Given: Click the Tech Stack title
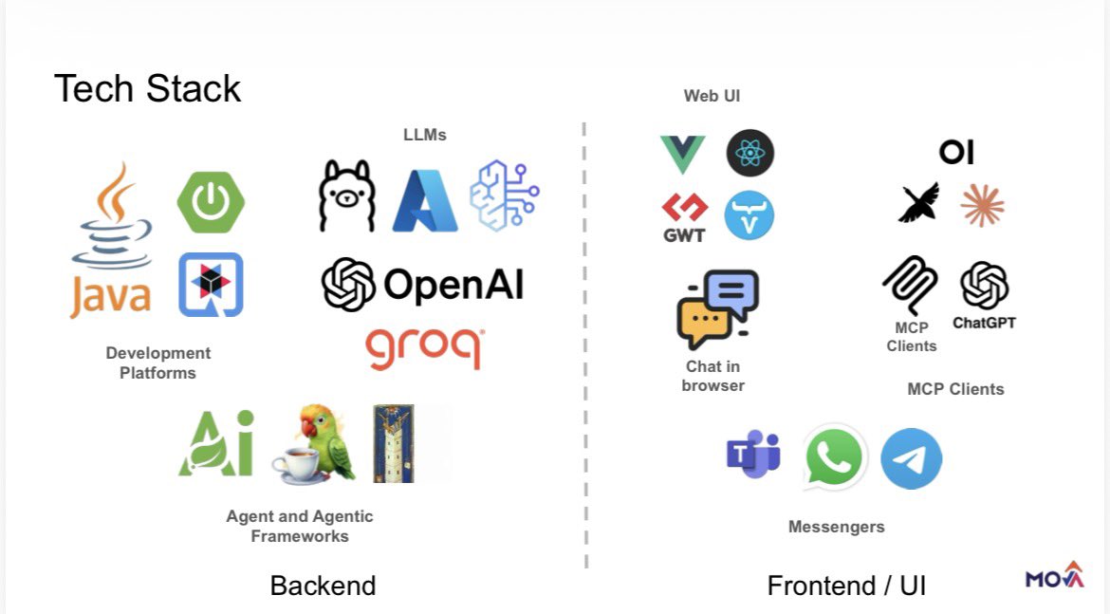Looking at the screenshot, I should pyautogui.click(x=148, y=88).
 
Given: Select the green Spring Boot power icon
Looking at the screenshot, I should pyautogui.click(x=211, y=202).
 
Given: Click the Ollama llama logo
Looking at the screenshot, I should pyautogui.click(x=347, y=196).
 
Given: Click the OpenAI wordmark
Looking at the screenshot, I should pyautogui.click(x=422, y=284).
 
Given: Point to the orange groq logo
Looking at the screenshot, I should pyautogui.click(x=425, y=347).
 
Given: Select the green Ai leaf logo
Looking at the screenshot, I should pyautogui.click(x=217, y=444).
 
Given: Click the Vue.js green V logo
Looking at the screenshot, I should pyautogui.click(x=682, y=154).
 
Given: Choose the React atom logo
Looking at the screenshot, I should pyautogui.click(x=750, y=154).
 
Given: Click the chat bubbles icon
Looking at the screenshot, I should pyautogui.click(x=718, y=309).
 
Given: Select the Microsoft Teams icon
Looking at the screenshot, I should pyautogui.click(x=753, y=455).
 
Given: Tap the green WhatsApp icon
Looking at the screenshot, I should pyautogui.click(x=834, y=457).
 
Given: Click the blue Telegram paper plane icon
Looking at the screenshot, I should pyautogui.click(x=911, y=458).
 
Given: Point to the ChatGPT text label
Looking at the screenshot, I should pyautogui.click(x=984, y=323).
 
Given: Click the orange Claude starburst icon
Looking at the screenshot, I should pyautogui.click(x=982, y=205).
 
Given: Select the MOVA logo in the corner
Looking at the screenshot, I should pyautogui.click(x=1054, y=576).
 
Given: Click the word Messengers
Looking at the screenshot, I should pyautogui.click(x=836, y=527).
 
